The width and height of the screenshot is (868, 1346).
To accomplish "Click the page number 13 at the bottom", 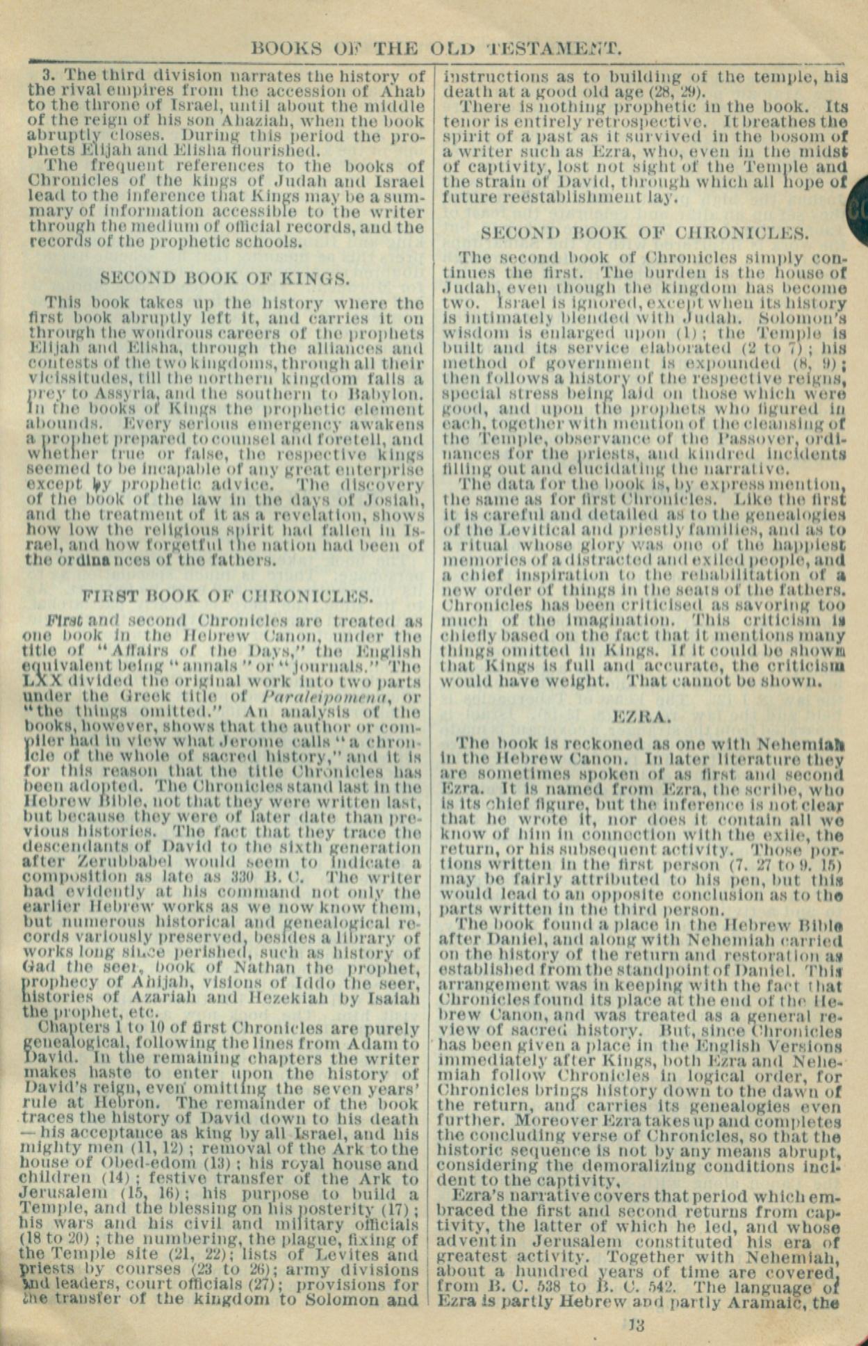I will pos(636,1324).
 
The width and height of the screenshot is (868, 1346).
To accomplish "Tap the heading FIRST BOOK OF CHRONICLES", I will pos(228,596).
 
